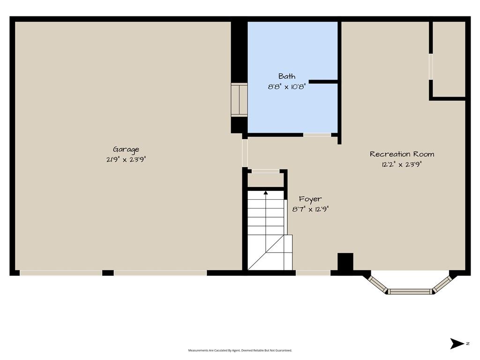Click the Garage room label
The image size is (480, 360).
tap(126, 150)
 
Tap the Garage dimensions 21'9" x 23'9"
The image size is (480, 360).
tap(126, 159)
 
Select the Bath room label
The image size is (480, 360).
tap(287, 76)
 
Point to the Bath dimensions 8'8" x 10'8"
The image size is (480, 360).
tap(287, 87)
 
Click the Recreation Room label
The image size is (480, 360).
tap(402, 154)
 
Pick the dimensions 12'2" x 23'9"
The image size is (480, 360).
tap(402, 165)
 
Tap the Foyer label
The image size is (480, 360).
tap(310, 199)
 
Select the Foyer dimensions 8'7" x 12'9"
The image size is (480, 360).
tap(310, 210)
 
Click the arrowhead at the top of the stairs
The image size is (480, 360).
tap(266, 193)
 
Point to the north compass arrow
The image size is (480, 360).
tap(457, 344)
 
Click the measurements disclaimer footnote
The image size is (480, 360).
tap(240, 350)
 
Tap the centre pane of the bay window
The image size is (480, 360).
tap(410, 291)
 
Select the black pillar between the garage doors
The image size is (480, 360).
tap(108, 273)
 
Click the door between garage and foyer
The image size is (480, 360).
tap(245, 153)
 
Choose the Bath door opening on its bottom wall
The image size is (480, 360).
tap(317, 135)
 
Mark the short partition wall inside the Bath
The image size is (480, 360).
tap(323, 82)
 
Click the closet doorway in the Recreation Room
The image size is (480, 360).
tap(431, 67)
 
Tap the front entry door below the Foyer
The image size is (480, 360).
tap(313, 273)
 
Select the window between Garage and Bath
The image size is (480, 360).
tap(239, 100)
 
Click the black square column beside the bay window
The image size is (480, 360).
tap(345, 262)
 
